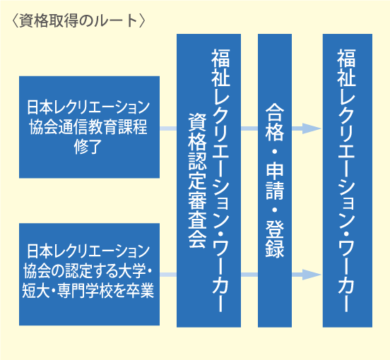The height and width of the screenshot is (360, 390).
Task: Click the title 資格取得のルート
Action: point(78,21)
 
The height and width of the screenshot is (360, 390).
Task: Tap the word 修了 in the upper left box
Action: point(88,147)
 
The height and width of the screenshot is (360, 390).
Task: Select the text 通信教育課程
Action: point(103,127)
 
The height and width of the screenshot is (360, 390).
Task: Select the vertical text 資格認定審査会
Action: point(198,181)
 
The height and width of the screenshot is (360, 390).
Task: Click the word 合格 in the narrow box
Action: point(275,122)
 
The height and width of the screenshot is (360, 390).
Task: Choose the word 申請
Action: point(275,181)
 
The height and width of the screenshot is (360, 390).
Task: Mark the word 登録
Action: point(275,239)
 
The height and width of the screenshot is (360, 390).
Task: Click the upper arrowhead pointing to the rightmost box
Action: point(312,128)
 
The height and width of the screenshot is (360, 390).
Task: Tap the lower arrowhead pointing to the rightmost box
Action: point(312,275)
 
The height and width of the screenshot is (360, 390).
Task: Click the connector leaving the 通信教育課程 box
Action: point(168,128)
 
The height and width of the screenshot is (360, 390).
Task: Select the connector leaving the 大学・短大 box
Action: point(168,275)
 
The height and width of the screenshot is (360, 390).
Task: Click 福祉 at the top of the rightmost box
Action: point(346,68)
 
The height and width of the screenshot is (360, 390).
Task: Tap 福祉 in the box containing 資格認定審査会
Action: point(220,68)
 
